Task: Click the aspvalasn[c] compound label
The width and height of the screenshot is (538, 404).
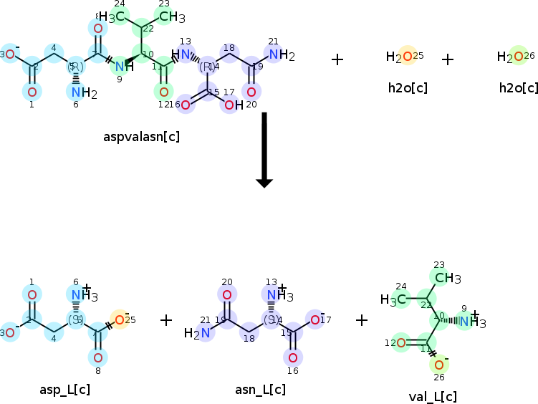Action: coord(141,136)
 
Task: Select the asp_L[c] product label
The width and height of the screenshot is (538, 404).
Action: coord(64,390)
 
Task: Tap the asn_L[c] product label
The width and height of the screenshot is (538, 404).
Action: coord(260,390)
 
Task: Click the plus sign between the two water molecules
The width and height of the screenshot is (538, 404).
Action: coord(448,59)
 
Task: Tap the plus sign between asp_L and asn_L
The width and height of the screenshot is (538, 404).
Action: coord(166,319)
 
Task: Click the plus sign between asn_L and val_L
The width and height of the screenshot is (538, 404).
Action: coord(362,319)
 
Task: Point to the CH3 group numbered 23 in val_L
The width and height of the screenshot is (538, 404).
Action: coord(447,278)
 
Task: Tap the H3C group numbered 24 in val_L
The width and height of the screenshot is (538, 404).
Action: coord(393,299)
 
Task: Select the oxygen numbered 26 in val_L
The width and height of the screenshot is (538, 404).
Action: coord(438,365)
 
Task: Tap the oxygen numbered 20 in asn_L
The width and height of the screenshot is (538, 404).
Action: coord(227,294)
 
